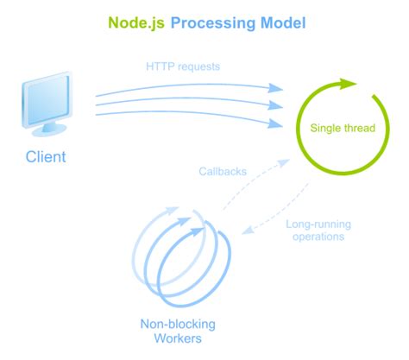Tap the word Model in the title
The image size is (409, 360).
click(x=281, y=22)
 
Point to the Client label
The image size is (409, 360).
click(x=45, y=157)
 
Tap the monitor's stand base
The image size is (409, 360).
click(x=50, y=132)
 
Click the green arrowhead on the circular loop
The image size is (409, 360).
click(x=346, y=85)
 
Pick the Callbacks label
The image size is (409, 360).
click(x=222, y=171)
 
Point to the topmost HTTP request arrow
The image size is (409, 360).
click(x=190, y=85)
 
